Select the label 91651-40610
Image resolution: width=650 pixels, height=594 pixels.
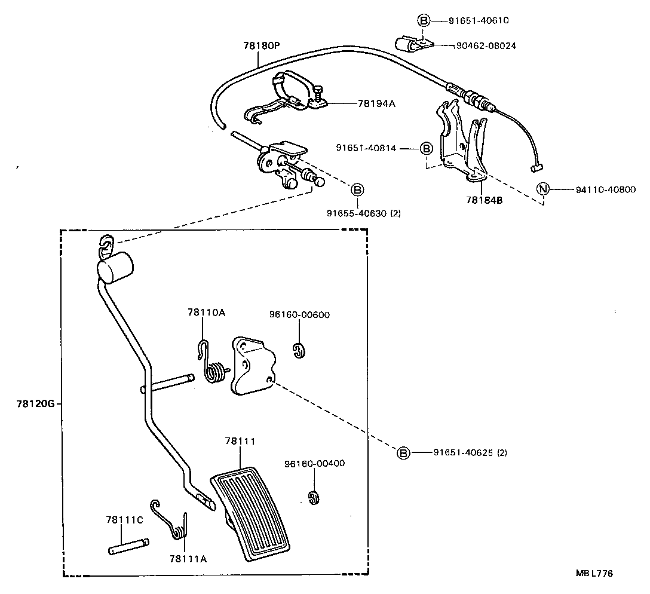(479, 20)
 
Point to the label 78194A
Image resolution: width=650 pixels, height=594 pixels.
(376, 103)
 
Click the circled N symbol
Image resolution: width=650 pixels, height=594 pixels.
(542, 189)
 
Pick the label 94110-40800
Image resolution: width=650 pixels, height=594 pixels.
(606, 189)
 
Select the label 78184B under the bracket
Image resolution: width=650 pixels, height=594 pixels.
(485, 201)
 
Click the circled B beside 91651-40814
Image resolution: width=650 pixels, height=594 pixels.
(426, 148)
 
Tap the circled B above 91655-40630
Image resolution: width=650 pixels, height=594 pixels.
(357, 190)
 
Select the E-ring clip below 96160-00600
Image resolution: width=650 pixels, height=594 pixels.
(299, 351)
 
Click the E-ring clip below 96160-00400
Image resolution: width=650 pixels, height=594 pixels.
(312, 497)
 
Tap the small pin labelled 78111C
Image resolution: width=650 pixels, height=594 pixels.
(129, 547)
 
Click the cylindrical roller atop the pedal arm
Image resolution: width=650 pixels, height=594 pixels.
(115, 267)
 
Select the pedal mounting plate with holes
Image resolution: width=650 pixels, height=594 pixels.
(252, 366)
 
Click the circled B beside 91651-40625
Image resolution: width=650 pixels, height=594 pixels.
(404, 453)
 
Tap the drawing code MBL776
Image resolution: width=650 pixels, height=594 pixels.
(594, 573)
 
